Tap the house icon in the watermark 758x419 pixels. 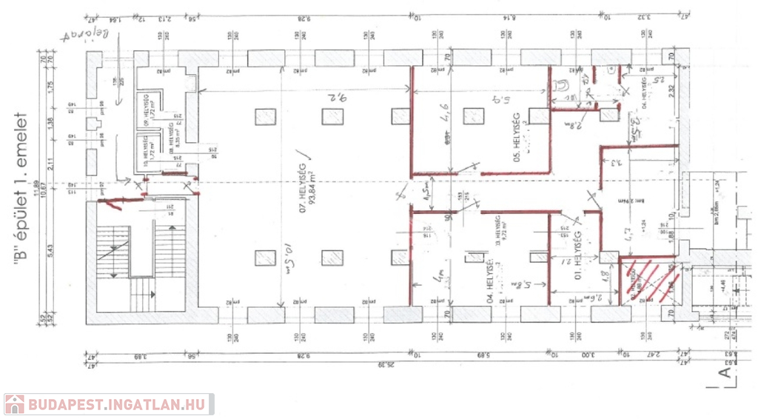pos(14,404)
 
